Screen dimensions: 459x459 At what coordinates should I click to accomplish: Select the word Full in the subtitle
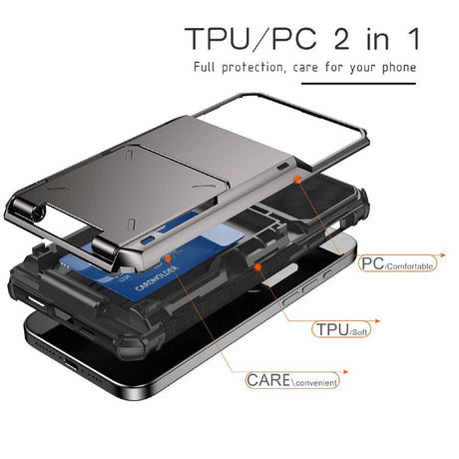click(x=210, y=68)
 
